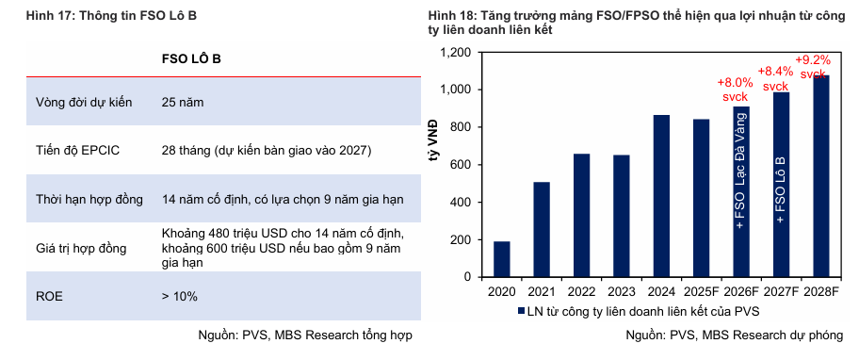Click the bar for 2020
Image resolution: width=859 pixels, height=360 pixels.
click(501, 259)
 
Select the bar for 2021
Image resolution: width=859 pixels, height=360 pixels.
click(542, 230)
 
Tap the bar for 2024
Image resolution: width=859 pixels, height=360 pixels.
click(661, 196)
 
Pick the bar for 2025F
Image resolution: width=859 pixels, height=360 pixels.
click(701, 198)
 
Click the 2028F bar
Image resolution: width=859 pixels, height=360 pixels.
click(820, 176)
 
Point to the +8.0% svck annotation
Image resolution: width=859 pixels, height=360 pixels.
click(733, 89)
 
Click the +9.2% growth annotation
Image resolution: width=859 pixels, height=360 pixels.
click(813, 67)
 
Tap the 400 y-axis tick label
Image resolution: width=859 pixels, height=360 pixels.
click(462, 203)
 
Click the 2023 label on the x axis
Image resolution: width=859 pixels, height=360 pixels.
click(622, 291)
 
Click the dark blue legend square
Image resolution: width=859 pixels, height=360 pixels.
click(521, 311)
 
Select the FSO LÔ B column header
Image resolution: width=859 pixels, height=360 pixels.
click(191, 59)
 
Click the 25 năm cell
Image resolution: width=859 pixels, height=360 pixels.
click(183, 103)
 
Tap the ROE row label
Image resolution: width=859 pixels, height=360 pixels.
click(49, 297)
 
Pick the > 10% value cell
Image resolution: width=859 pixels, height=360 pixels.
click(179, 297)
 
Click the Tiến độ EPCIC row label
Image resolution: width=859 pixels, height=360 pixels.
click(78, 151)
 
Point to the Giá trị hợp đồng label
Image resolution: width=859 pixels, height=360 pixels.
click(81, 248)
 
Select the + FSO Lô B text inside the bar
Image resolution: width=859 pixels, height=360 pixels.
click(781, 190)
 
